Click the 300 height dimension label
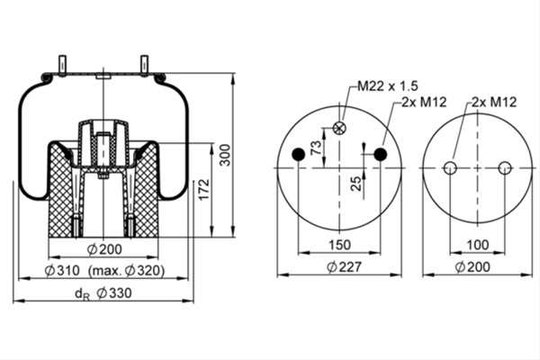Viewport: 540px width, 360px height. pyautogui.click(x=225, y=155)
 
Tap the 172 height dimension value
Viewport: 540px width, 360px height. pyautogui.click(x=204, y=189)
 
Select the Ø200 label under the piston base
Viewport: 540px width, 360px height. pyautogui.click(x=104, y=249)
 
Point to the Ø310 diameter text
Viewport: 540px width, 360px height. pyautogui.click(x=62, y=271)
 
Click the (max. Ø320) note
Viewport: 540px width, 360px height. pyautogui.click(x=126, y=271)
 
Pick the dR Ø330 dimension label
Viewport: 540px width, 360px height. pyautogui.click(x=103, y=293)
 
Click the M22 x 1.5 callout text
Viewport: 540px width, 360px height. pyautogui.click(x=387, y=85)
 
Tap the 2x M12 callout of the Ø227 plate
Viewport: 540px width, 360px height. pyautogui.click(x=424, y=102)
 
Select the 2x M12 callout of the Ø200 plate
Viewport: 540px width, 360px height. pyautogui.click(x=494, y=102)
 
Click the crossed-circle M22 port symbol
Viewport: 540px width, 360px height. pyautogui.click(x=339, y=128)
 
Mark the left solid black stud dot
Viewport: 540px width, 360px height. pyautogui.click(x=299, y=154)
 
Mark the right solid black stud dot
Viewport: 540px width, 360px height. pyautogui.click(x=381, y=154)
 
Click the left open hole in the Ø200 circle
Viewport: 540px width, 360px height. pyautogui.click(x=450, y=168)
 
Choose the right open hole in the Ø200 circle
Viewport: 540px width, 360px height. pyautogui.click(x=505, y=168)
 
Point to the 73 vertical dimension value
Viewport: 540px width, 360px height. pyautogui.click(x=316, y=148)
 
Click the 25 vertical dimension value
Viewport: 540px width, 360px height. pyautogui.click(x=356, y=184)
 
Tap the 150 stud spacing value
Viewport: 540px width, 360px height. pyautogui.click(x=339, y=245)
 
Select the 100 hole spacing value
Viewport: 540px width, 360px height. pyautogui.click(x=478, y=245)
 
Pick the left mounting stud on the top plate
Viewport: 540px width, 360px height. pyautogui.click(x=62, y=65)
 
